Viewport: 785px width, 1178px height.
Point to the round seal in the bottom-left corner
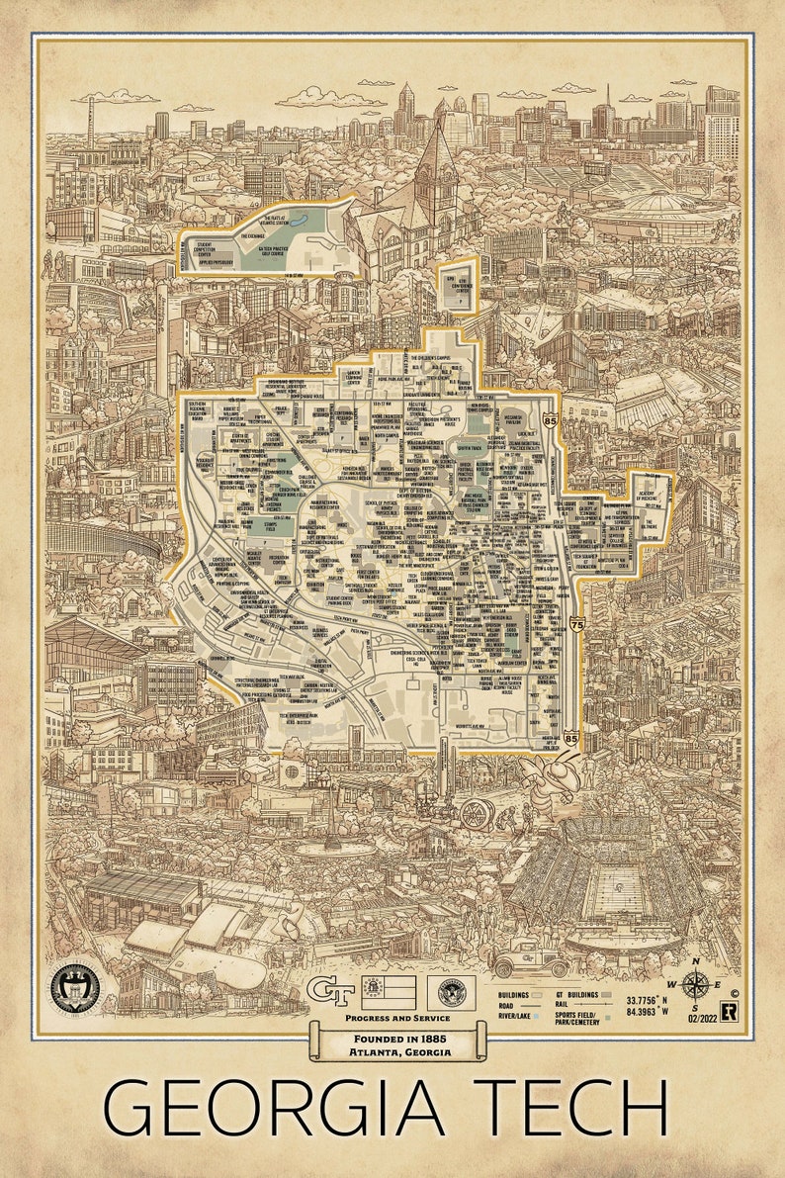tap(74, 986)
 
